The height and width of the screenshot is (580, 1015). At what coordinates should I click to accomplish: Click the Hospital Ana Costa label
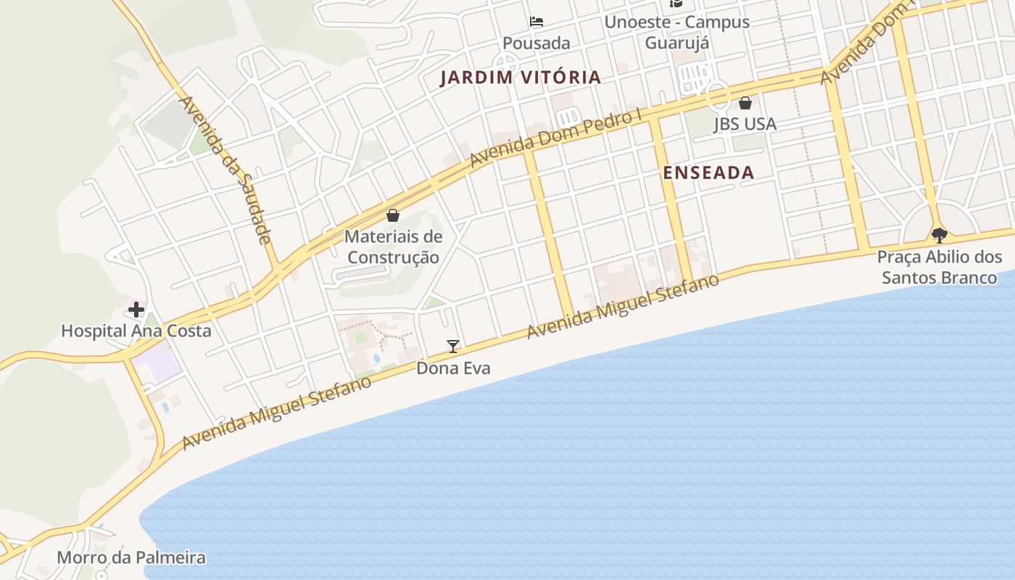coord(136,331)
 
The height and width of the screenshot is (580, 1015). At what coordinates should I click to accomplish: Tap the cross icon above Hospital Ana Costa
coord(136,310)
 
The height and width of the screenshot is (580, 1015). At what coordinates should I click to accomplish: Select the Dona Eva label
coord(453,368)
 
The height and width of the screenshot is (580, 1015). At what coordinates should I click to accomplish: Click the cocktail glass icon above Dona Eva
coord(453,347)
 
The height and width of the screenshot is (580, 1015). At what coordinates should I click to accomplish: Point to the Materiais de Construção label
coord(393,246)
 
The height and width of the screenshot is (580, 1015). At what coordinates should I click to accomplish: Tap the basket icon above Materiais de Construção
coord(393,215)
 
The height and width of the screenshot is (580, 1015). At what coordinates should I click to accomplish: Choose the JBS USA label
coord(745,124)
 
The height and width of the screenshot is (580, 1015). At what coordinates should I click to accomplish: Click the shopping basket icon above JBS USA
coord(745,103)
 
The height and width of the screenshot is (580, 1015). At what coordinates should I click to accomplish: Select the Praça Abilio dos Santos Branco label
coord(940,267)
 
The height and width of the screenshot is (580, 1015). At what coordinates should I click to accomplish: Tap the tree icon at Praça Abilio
coord(940,235)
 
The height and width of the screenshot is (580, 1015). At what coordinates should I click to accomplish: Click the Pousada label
coord(536,43)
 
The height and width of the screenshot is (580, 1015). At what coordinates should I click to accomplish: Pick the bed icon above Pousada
coord(536,22)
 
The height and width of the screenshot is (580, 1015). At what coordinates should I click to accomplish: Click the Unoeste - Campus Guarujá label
coord(677,32)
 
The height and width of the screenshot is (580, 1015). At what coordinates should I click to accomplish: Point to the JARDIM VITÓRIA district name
coord(521,78)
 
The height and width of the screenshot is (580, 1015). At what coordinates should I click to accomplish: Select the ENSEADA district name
coord(708,173)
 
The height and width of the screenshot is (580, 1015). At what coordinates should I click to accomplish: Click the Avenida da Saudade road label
coord(225,170)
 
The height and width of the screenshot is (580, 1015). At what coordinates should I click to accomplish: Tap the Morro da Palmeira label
coord(131,558)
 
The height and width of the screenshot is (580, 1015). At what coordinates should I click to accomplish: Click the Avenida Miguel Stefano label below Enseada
coord(623,306)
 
